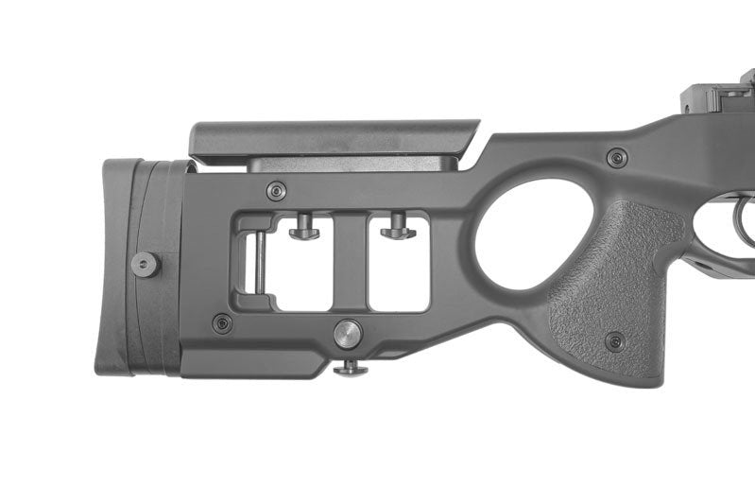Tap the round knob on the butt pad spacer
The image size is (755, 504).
145,264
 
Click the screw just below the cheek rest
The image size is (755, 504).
275,190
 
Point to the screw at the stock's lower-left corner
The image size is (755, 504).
222,323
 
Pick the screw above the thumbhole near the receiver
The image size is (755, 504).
616,157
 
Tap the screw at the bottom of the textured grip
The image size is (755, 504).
614,340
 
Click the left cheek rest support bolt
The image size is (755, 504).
304,227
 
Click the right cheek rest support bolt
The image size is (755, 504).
398,227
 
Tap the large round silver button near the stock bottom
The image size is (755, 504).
348,332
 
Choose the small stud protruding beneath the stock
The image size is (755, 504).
350,368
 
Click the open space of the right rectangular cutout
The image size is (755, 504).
398,274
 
